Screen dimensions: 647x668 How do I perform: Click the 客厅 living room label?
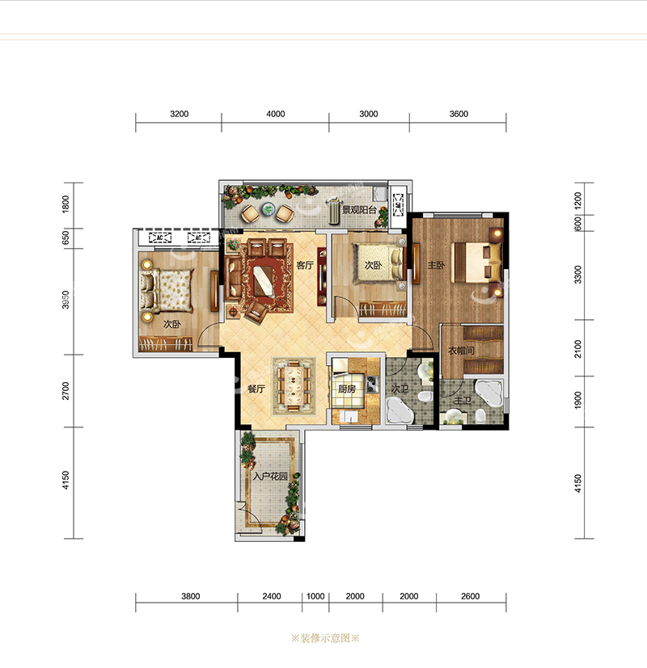pyautogui.click(x=305, y=266)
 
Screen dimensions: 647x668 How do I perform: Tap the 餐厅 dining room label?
pyautogui.click(x=256, y=389)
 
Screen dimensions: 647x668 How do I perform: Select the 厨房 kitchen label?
pyautogui.click(x=347, y=389)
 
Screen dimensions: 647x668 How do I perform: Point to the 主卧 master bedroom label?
pyautogui.click(x=436, y=266)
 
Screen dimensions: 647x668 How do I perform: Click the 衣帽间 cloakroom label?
pyautogui.click(x=461, y=351)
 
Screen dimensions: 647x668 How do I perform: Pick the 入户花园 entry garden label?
pyautogui.click(x=270, y=476)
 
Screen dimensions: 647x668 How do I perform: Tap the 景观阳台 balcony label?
pyautogui.click(x=360, y=209)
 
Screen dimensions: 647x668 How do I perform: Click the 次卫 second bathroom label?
pyautogui.click(x=400, y=389)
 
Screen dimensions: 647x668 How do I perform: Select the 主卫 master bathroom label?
pyautogui.click(x=463, y=401)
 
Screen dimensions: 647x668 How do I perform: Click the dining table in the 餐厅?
pyautogui.click(x=294, y=386)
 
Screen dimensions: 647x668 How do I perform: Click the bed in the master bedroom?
pyautogui.click(x=477, y=263)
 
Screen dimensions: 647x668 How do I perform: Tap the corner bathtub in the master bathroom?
pyautogui.click(x=489, y=393)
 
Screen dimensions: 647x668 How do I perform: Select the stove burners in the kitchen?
pyautogui.click(x=372, y=384)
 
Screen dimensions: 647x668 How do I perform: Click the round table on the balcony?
pyautogui.click(x=268, y=208)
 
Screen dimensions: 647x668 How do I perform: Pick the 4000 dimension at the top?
pyautogui.click(x=276, y=114)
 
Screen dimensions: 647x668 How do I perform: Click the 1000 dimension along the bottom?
pyautogui.click(x=315, y=596)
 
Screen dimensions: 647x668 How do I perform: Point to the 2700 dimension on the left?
pyautogui.click(x=66, y=391)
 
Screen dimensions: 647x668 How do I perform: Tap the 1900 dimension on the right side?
pyautogui.click(x=578, y=401)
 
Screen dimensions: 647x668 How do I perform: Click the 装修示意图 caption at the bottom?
pyautogui.click(x=325, y=638)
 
